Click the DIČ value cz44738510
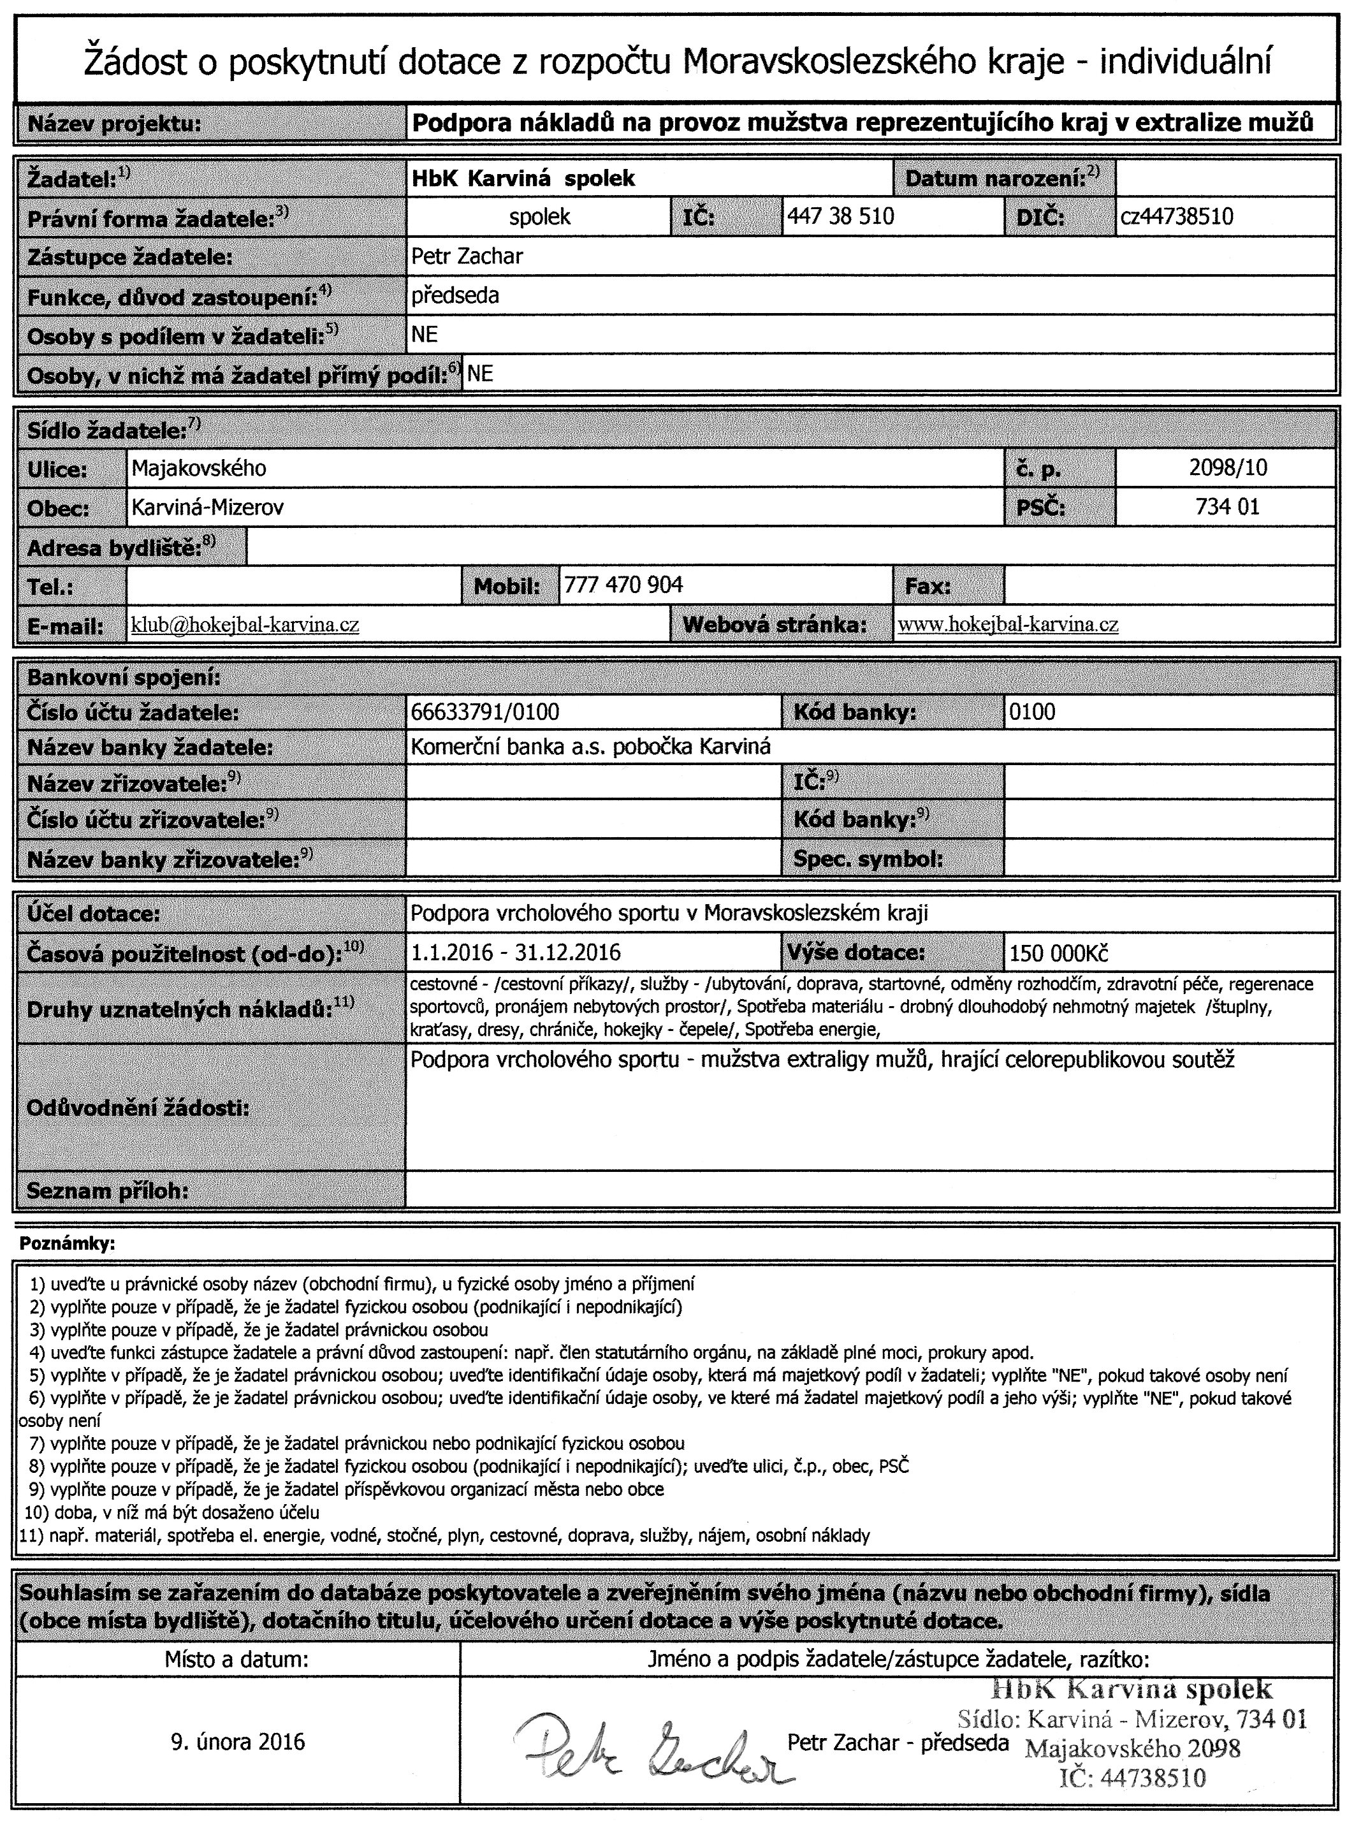(x=1176, y=217)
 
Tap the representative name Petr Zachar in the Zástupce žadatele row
(x=467, y=256)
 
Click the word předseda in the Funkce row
(x=455, y=295)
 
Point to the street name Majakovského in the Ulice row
(x=199, y=468)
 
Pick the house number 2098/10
(x=1227, y=468)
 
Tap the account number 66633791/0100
(x=484, y=712)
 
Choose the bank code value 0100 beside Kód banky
(x=1032, y=712)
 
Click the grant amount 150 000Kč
(x=1059, y=953)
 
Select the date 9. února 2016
(x=238, y=1741)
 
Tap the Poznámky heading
(x=67, y=1244)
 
